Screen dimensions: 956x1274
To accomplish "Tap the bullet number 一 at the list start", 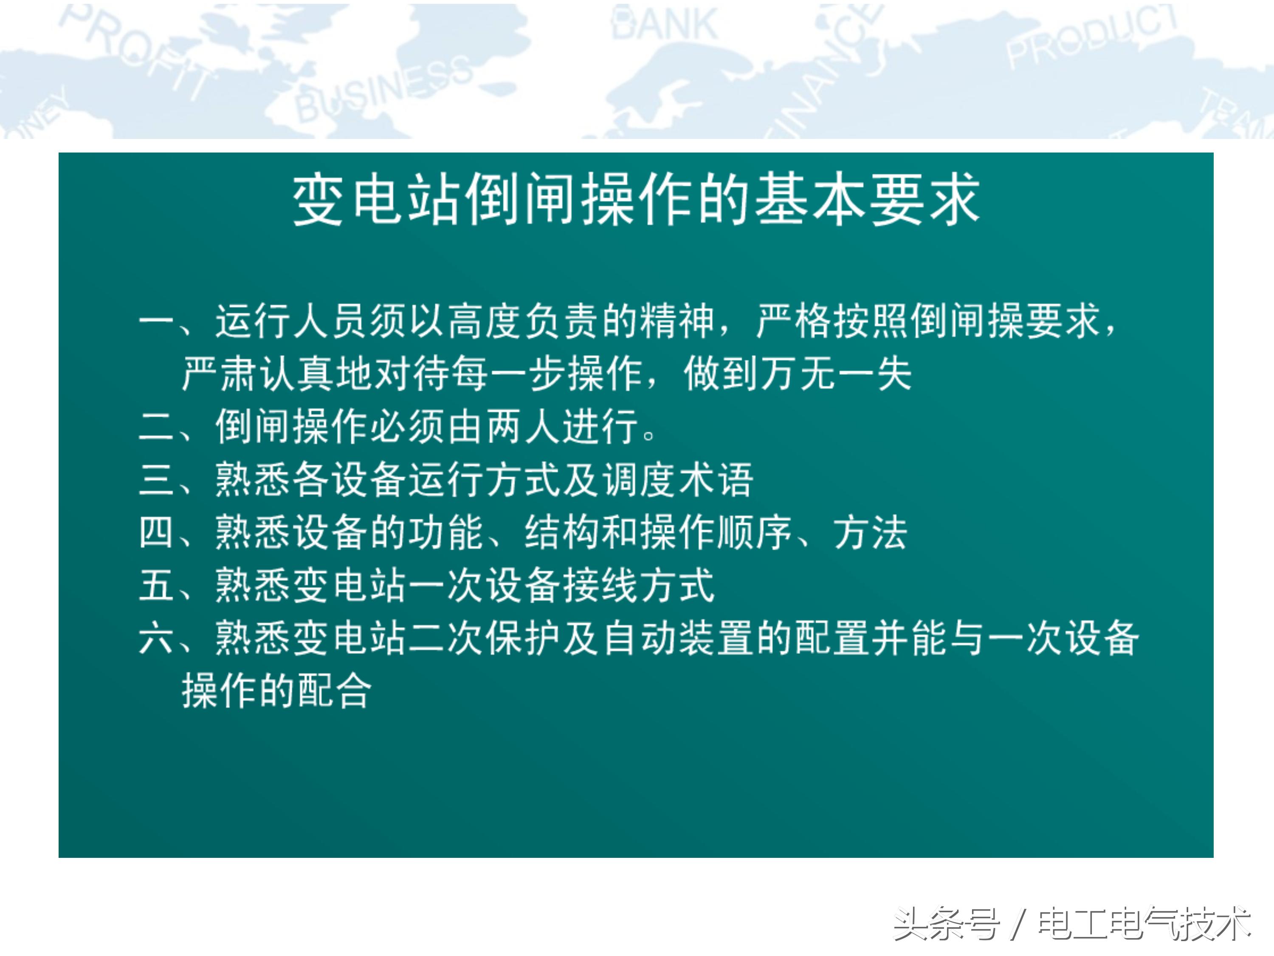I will click(x=156, y=320).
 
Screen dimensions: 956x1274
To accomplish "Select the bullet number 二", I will click(x=156, y=427).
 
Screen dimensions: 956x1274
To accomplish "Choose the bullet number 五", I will click(x=156, y=585).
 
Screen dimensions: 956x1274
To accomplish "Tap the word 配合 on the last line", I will click(x=334, y=690).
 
